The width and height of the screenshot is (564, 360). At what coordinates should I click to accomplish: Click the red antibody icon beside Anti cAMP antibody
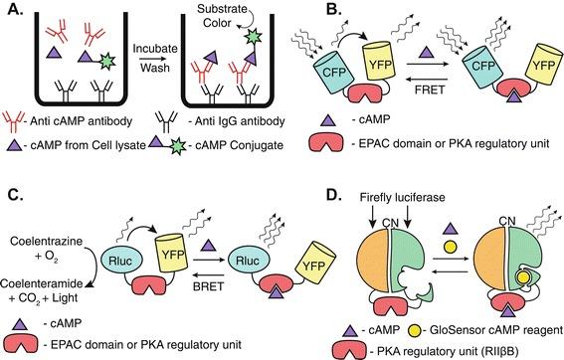click(x=22, y=131)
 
